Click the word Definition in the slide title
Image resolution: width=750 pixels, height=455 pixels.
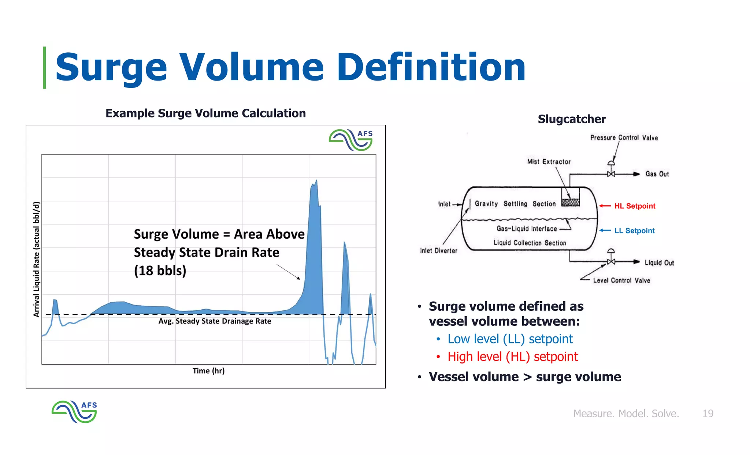[431, 67]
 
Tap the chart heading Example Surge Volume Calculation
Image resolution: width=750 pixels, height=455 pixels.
[205, 113]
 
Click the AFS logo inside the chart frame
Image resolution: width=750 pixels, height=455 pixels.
[350, 140]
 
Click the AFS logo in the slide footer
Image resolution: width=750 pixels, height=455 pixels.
[74, 412]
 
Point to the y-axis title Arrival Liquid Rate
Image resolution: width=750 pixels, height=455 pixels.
[36, 259]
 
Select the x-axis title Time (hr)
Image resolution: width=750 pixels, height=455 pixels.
[208, 371]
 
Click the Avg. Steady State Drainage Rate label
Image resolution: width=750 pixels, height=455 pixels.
[215, 321]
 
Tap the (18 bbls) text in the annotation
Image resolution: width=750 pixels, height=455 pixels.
[160, 271]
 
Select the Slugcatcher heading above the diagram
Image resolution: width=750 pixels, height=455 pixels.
[571, 119]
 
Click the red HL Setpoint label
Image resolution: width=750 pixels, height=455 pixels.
[634, 206]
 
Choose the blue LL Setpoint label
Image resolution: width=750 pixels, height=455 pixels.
[634, 231]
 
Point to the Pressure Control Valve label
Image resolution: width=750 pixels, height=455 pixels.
[624, 138]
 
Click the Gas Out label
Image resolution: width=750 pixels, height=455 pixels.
[657, 174]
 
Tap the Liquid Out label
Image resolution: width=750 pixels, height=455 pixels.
[659, 263]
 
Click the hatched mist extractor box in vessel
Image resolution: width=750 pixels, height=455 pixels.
[570, 202]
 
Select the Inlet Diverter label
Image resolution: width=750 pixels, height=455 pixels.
[438, 251]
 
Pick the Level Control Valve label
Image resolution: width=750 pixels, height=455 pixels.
[621, 281]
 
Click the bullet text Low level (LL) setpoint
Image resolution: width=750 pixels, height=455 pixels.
[510, 339]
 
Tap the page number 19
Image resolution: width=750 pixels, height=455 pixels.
[708, 414]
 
